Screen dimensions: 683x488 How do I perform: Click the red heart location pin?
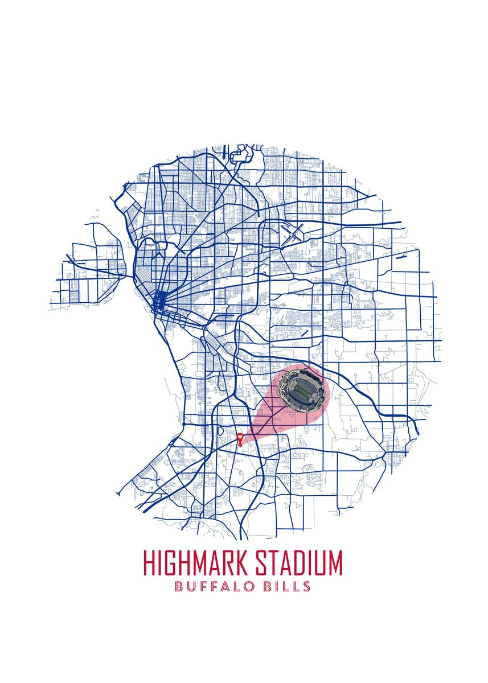(240, 438)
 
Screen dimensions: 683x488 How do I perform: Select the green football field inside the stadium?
(303, 390)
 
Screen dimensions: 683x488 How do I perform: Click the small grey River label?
(95, 217)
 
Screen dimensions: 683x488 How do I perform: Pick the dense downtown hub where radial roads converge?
(161, 299)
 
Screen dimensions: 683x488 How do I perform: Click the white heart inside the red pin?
(240, 436)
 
